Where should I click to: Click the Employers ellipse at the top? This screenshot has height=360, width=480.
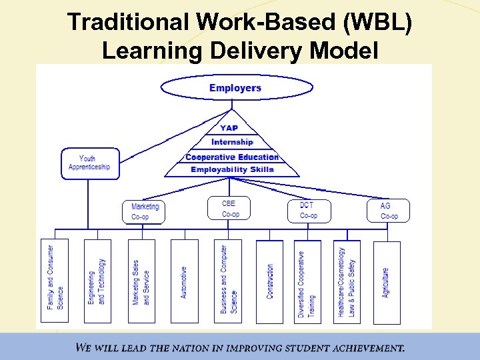tap(236, 88)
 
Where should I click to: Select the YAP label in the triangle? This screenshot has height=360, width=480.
tap(229, 128)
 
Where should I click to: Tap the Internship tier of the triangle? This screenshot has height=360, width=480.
tap(232, 142)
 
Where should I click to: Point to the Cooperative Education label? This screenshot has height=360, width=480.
tap(232, 157)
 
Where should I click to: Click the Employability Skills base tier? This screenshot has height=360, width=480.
tap(232, 169)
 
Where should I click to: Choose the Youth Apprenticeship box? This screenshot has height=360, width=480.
tap(89, 163)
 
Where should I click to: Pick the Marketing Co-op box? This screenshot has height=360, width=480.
tap(143, 212)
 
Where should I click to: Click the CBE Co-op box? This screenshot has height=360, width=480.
tap(231, 209)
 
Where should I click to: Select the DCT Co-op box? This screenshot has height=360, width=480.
tap(309, 210)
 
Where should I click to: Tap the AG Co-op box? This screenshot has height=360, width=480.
tap(388, 211)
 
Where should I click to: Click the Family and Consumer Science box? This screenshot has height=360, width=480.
tap(55, 281)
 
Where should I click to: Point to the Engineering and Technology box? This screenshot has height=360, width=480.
tap(97, 281)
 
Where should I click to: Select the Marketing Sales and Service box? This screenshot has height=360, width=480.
tap(141, 281)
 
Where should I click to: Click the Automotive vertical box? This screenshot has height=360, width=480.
tap(185, 281)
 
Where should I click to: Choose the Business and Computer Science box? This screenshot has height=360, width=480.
tap(229, 281)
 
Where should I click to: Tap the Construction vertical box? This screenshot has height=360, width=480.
tap(270, 281)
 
